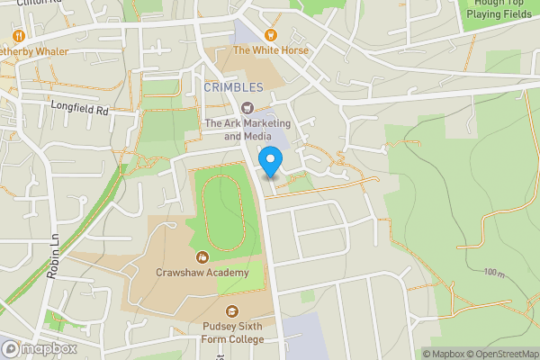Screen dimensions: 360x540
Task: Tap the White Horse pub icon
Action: (270, 35)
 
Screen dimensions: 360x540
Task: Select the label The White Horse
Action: (270, 50)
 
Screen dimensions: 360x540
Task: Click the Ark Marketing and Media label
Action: (238, 130)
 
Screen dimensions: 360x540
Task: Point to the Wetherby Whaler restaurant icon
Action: (16, 35)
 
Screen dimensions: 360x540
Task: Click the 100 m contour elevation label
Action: (493, 272)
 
